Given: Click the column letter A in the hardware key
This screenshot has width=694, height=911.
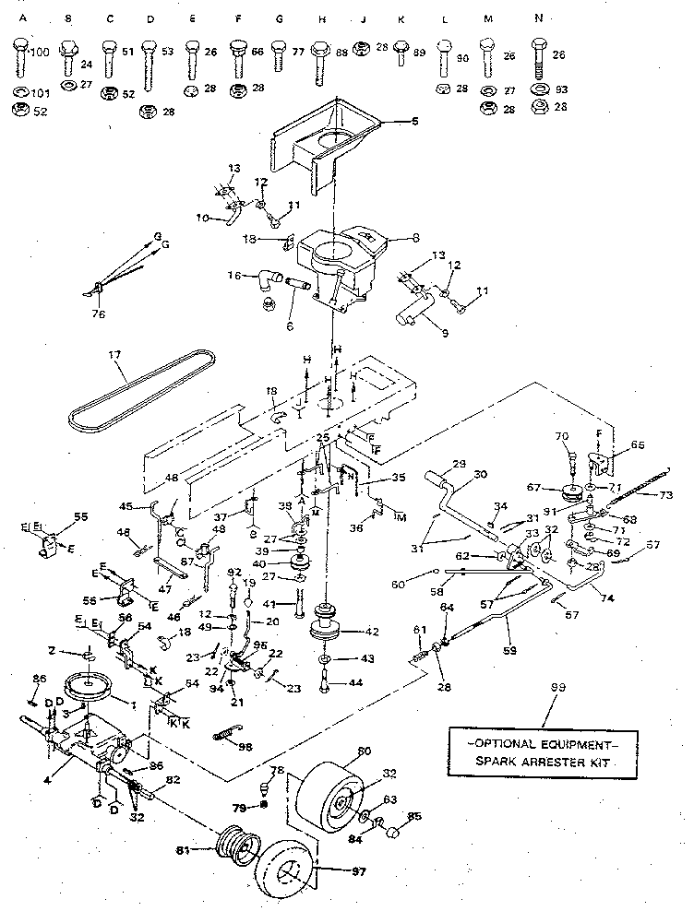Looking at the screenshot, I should [19, 18].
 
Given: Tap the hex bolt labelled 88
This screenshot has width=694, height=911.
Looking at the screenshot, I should [320, 53].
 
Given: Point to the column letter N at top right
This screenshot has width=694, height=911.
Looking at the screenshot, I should [538, 18].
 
